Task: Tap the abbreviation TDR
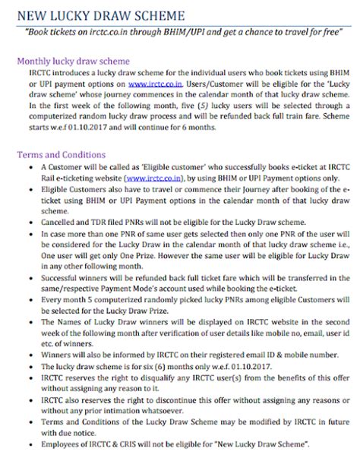click(112, 221)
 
